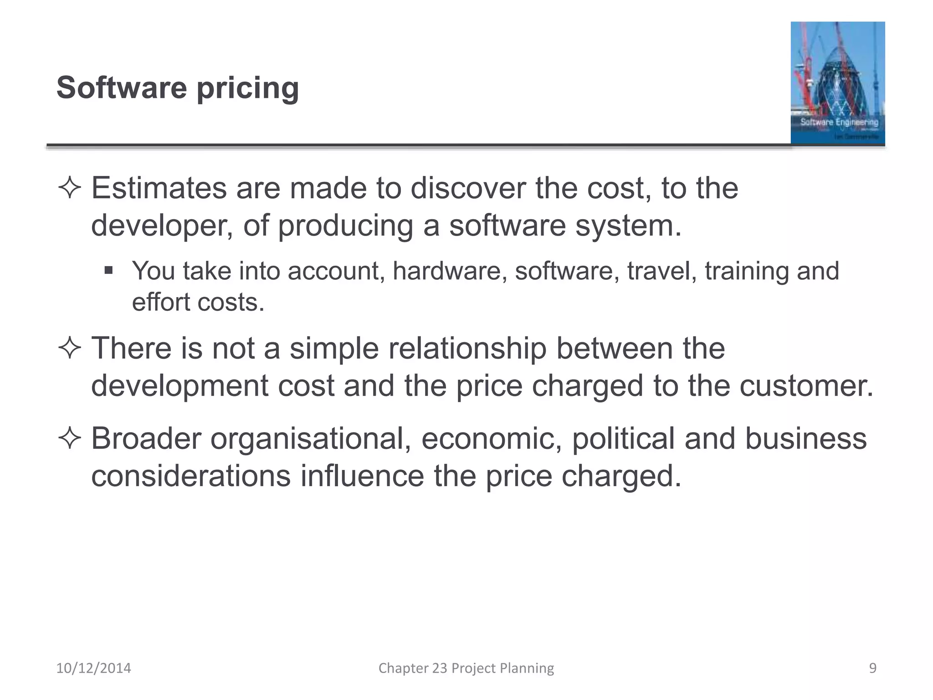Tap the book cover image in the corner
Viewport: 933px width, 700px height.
(x=837, y=83)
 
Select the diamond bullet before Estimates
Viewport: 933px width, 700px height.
(x=70, y=188)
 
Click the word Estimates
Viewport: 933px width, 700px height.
(x=159, y=188)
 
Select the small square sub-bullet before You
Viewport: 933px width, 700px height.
(x=108, y=271)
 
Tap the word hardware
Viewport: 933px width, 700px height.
(x=449, y=271)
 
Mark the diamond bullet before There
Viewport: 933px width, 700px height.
(x=70, y=349)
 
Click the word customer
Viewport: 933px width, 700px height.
(x=806, y=386)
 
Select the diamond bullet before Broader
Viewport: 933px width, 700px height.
(x=70, y=438)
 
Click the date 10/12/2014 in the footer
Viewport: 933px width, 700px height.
(x=93, y=668)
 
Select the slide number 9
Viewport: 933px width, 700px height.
(x=872, y=668)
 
